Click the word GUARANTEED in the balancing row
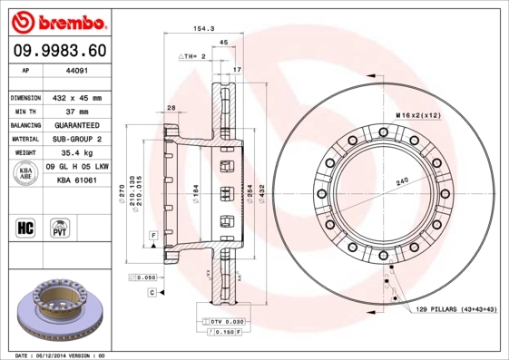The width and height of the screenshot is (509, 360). tap(76, 125)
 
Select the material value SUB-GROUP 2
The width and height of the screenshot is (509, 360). tap(76, 139)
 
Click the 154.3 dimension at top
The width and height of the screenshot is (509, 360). tap(203, 30)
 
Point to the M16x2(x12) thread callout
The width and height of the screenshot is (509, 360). tap(418, 114)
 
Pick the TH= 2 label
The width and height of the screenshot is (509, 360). tap(195, 56)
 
